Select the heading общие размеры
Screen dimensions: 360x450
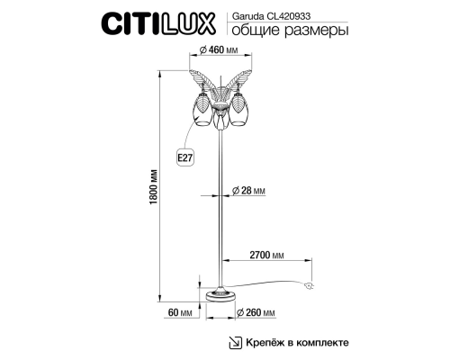tap(287, 31)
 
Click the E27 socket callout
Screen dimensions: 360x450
tap(186, 158)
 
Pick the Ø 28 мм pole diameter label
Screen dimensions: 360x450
tap(249, 191)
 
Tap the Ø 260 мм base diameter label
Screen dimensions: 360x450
tap(258, 312)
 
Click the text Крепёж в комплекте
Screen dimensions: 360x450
tap(296, 342)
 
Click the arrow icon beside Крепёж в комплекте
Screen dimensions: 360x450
tap(237, 342)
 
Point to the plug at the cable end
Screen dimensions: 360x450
tap(311, 287)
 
